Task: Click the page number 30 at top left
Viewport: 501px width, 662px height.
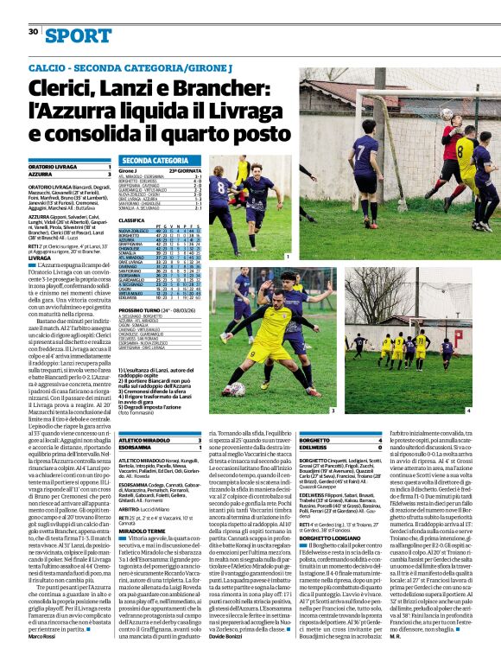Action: (33, 32)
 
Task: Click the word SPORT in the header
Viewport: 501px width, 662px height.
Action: (80, 35)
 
